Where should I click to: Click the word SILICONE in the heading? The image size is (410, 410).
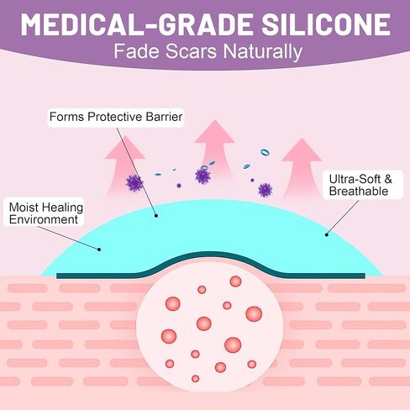coord(325,24)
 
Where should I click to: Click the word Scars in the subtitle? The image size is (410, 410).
coord(191,51)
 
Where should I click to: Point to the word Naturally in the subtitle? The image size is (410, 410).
coord(263,52)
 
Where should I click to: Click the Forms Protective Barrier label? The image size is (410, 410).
coord(116,117)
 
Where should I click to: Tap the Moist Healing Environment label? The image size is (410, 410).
coord(45,213)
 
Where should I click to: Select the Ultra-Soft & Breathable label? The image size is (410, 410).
coord(362,185)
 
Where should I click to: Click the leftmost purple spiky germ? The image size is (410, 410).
coord(134,183)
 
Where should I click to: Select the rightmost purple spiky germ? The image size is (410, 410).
coord(265,190)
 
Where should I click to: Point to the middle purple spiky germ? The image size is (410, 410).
coord(202,176)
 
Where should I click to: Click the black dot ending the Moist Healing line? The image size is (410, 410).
coord(99,250)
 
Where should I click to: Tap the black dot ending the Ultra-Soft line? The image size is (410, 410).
coord(327,234)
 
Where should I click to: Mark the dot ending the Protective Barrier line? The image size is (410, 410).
coord(156,216)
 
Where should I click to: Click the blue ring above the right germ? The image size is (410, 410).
coord(265,152)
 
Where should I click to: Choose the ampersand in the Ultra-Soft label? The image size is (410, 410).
coord(388,180)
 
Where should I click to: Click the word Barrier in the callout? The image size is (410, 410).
coord(164,117)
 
